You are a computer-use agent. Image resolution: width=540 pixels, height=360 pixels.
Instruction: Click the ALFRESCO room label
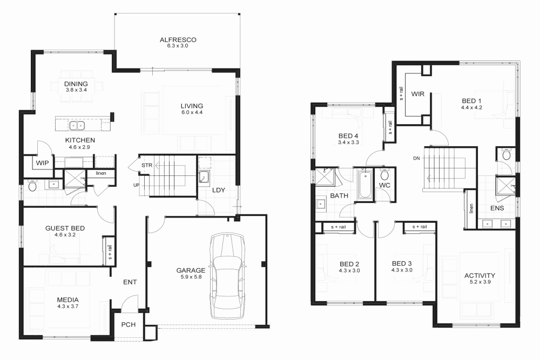pyautogui.click(x=177, y=39)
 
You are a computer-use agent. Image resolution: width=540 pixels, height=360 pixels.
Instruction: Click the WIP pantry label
pyautogui.click(x=42, y=162)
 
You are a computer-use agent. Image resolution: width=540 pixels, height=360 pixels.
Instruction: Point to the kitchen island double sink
pyautogui.click(x=76, y=126)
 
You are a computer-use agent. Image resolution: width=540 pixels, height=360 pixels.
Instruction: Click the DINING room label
pyautogui.click(x=76, y=83)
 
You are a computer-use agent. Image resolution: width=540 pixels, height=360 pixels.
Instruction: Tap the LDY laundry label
pyautogui.click(x=218, y=190)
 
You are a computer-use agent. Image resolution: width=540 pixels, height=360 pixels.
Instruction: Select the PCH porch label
pyautogui.click(x=129, y=325)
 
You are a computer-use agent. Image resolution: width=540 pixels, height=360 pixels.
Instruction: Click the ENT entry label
pyautogui.click(x=130, y=282)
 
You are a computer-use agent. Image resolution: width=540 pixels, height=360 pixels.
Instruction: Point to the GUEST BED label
pyautogui.click(x=65, y=228)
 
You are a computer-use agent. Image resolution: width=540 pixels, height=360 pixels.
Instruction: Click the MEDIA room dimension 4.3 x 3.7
pyautogui.click(x=69, y=307)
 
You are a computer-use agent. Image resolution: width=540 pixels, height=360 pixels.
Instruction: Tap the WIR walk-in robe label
pyautogui.click(x=417, y=94)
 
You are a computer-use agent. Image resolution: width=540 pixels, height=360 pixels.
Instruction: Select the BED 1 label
pyautogui.click(x=471, y=100)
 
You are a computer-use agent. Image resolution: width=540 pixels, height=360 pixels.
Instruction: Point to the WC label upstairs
pyautogui.click(x=384, y=185)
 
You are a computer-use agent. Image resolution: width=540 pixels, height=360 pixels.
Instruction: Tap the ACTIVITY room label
pyautogui.click(x=480, y=275)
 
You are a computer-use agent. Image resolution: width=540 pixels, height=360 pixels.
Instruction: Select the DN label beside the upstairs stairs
pyautogui.click(x=416, y=158)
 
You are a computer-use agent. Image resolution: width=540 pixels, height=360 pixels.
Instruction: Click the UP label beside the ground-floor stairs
pyautogui.click(x=137, y=185)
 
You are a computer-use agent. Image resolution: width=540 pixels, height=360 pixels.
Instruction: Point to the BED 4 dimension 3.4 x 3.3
pyautogui.click(x=348, y=142)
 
